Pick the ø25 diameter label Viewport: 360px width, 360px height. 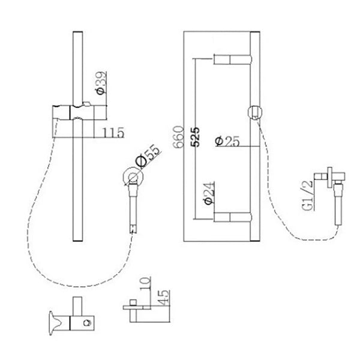tap(226, 142)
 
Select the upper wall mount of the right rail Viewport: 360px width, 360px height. tap(234, 59)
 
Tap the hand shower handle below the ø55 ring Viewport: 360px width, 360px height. tap(134, 207)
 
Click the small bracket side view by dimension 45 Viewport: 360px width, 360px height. tap(138, 308)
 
